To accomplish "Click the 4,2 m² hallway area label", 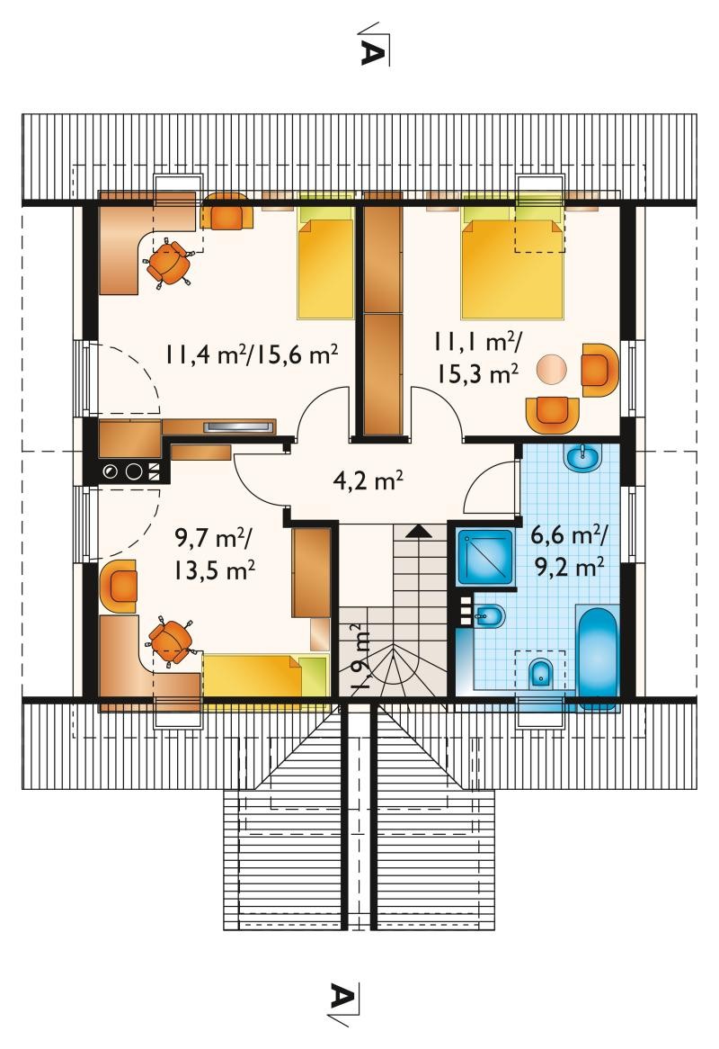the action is click(x=368, y=480).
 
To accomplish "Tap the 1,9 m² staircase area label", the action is click(x=359, y=658).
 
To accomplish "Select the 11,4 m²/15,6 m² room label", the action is click(x=252, y=354).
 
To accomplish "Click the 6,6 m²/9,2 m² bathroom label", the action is click(x=569, y=551).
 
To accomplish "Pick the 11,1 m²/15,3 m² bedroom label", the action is click(x=478, y=358).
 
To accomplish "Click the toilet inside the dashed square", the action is click(x=540, y=672).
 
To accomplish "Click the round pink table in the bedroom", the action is click(x=552, y=368).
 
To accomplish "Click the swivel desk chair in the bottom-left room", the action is click(x=171, y=640).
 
